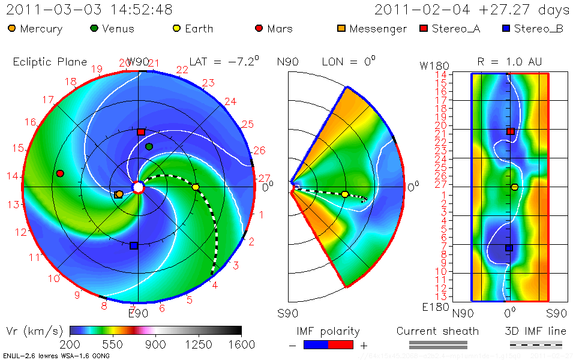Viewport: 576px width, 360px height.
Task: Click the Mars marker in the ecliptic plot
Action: (60, 173)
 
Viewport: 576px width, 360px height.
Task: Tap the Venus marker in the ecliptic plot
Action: (149, 146)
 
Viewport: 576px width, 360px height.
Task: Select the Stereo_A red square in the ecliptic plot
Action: (140, 132)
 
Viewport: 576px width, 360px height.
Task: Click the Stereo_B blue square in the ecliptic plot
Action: (134, 245)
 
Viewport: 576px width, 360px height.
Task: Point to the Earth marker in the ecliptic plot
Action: (196, 187)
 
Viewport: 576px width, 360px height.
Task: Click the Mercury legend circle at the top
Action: (12, 28)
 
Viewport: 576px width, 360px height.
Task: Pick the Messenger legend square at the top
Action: (341, 28)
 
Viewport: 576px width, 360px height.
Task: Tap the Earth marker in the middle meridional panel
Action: (345, 194)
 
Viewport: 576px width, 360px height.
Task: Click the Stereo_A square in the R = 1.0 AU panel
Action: (511, 131)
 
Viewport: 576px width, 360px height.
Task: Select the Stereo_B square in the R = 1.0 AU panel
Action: (509, 248)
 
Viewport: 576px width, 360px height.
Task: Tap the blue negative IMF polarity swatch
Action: (316, 344)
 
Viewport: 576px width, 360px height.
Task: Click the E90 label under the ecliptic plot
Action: (138, 313)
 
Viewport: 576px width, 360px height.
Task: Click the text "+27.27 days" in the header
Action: (521, 10)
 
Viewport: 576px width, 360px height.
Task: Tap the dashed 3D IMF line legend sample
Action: (536, 344)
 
